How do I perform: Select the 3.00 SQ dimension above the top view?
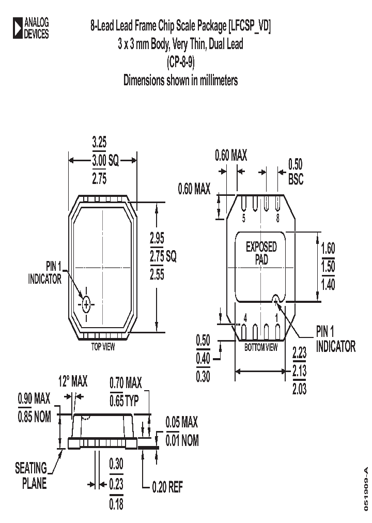105,161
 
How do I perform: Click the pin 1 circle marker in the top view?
86,305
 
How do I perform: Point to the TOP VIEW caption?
103,347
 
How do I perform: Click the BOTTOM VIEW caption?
261,347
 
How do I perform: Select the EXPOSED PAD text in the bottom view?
261,253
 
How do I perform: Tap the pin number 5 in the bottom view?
244,218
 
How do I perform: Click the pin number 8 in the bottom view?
278,218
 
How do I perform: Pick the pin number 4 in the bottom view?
245,319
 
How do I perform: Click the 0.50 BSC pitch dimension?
295,172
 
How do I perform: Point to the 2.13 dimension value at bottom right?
299,371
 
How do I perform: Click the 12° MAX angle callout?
72,382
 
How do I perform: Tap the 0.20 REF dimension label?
167,487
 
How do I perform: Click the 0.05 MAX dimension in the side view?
181,423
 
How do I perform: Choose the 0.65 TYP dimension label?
124,401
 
